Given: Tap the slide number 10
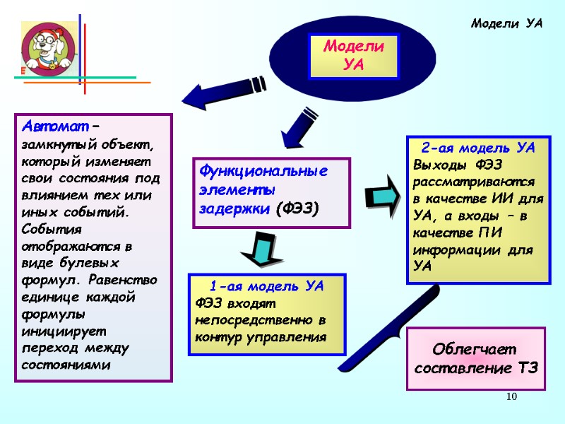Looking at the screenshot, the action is pyautogui.click(x=512, y=400).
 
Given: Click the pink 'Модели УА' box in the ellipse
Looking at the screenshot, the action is pyautogui.click(x=353, y=57).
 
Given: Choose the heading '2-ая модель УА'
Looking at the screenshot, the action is pyautogui.click(x=477, y=148).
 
